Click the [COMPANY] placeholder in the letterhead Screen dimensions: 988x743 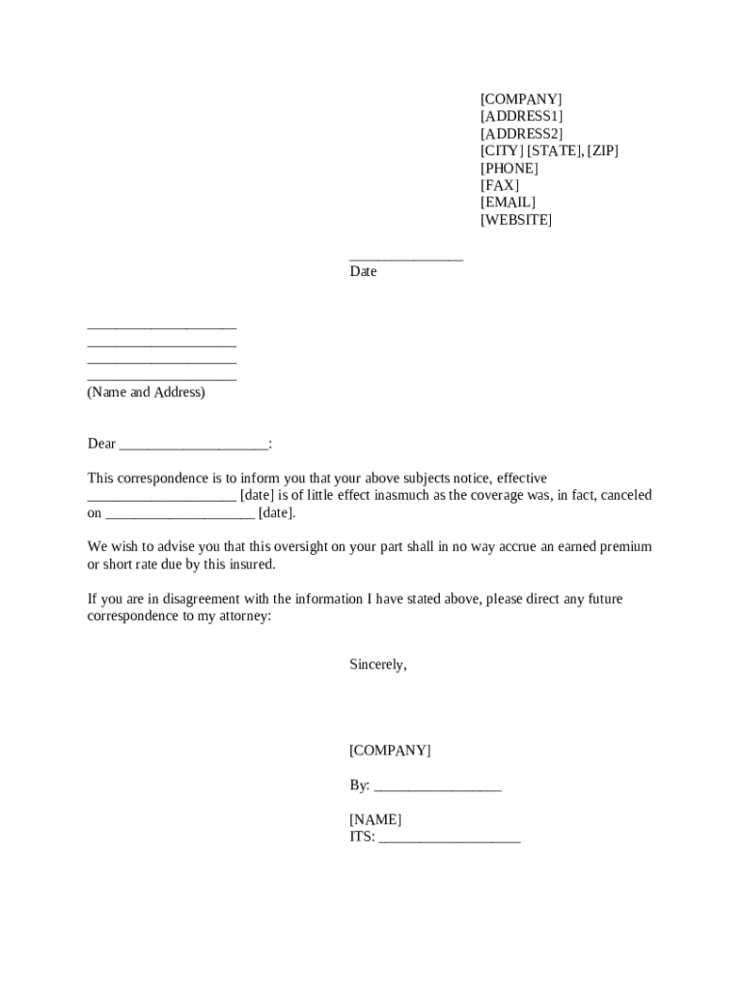coord(521,98)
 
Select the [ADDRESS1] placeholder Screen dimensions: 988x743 coord(521,116)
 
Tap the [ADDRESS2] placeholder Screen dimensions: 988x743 coord(521,133)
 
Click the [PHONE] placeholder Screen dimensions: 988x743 coord(509,168)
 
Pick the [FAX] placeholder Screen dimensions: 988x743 coord(500,185)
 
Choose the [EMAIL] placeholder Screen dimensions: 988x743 coord(508,203)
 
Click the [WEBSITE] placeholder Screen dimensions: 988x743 coord(516,220)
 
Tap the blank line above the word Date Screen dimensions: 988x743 coord(406,257)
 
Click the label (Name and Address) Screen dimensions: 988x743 coord(146,393)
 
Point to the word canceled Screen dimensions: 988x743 coord(625,495)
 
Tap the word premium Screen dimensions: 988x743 coord(625,547)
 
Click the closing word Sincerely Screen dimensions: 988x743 coord(378,665)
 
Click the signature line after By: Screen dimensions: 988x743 coord(437,786)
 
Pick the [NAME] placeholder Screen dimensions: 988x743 coord(375,819)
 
